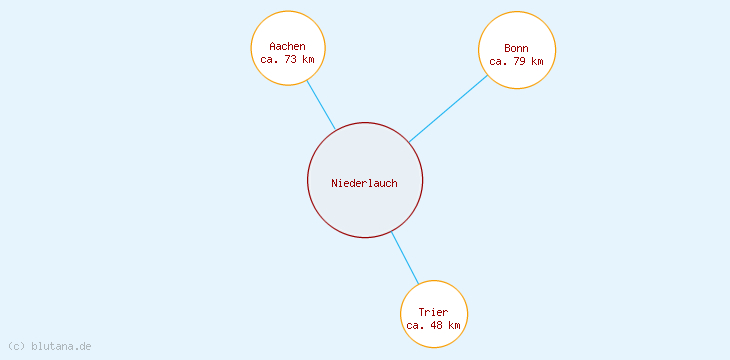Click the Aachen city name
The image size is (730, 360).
[x=287, y=46]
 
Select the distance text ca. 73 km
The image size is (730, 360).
[x=287, y=59]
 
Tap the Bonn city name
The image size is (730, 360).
[x=516, y=48]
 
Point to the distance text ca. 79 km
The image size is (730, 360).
[x=516, y=61]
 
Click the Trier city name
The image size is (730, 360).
[x=433, y=312]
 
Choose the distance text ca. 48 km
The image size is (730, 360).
[x=433, y=325]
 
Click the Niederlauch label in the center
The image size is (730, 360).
[x=364, y=183]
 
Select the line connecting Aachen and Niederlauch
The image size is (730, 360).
[x=321, y=105]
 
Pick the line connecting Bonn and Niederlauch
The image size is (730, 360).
[x=448, y=108]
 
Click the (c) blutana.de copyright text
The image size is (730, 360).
[x=49, y=346]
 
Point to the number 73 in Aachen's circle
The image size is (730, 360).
[x=291, y=59]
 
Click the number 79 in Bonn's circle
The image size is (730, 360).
[x=520, y=61]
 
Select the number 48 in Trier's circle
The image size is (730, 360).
[x=437, y=325]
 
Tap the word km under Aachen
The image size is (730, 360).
[x=308, y=59]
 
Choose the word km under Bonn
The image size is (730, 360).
[x=537, y=61]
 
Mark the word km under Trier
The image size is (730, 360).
[x=454, y=325]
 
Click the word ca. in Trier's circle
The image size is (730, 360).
[x=416, y=325]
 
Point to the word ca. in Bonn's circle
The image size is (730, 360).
[x=499, y=61]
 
